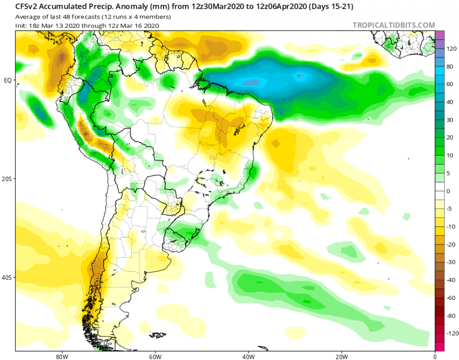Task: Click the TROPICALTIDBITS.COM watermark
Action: [x=394, y=25]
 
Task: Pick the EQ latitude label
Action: [x=8, y=80]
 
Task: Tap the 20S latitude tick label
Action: [x=8, y=179]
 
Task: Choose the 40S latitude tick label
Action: [x=8, y=277]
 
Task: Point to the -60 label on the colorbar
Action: [x=451, y=298]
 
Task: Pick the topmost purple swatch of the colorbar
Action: [x=439, y=35]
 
